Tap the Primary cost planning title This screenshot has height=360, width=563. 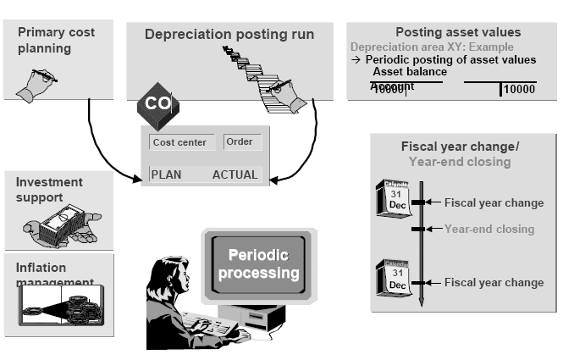[56, 40]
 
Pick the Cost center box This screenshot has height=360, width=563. [179, 142]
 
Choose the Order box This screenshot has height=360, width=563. [240, 141]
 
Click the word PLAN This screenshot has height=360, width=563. [168, 174]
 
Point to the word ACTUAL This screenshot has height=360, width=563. [235, 174]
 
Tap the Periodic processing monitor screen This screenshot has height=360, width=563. [257, 266]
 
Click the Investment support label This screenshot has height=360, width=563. [50, 190]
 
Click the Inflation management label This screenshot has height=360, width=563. [53, 274]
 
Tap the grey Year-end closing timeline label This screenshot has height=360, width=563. [489, 229]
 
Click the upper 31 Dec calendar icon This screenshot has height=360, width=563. [394, 201]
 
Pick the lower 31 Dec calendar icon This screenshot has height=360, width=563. [394, 280]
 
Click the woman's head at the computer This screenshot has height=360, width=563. [163, 276]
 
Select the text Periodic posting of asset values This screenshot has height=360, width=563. [450, 60]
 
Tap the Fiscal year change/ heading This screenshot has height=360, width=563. [460, 147]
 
